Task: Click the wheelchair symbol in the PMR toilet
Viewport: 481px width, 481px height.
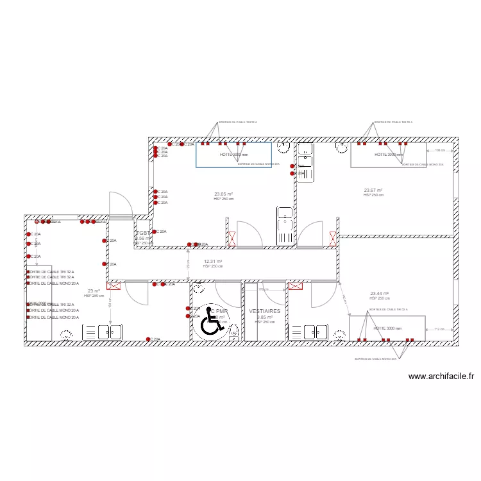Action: [x=212, y=325]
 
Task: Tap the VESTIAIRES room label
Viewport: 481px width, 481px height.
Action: [x=265, y=311]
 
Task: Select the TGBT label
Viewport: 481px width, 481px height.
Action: [x=144, y=233]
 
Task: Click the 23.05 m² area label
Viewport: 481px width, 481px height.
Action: [x=223, y=194]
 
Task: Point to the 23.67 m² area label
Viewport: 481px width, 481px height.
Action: [x=373, y=190]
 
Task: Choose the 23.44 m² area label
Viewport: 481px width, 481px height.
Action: [x=380, y=294]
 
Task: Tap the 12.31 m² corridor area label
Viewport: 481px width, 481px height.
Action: [x=213, y=261]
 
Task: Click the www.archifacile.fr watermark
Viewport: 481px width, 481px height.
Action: [x=441, y=377]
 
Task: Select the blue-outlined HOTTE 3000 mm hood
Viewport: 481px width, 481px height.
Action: [x=233, y=155]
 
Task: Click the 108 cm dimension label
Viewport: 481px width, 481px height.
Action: [x=439, y=151]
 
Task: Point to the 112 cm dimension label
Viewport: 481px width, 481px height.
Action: [x=439, y=330]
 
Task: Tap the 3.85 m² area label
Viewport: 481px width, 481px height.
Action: [x=265, y=317]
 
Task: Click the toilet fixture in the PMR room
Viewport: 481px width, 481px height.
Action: [x=234, y=331]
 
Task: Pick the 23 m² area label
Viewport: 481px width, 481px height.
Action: [x=94, y=291]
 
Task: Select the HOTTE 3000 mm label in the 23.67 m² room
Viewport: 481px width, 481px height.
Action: [x=389, y=155]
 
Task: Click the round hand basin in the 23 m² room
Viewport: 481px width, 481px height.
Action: [x=66, y=334]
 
